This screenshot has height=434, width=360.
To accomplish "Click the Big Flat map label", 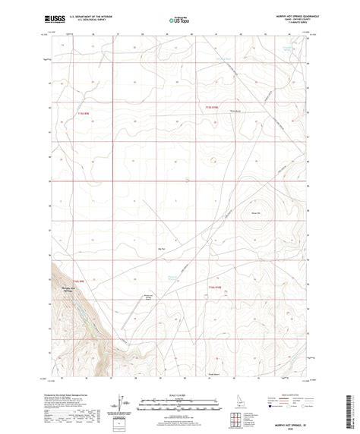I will tap(160, 248).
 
